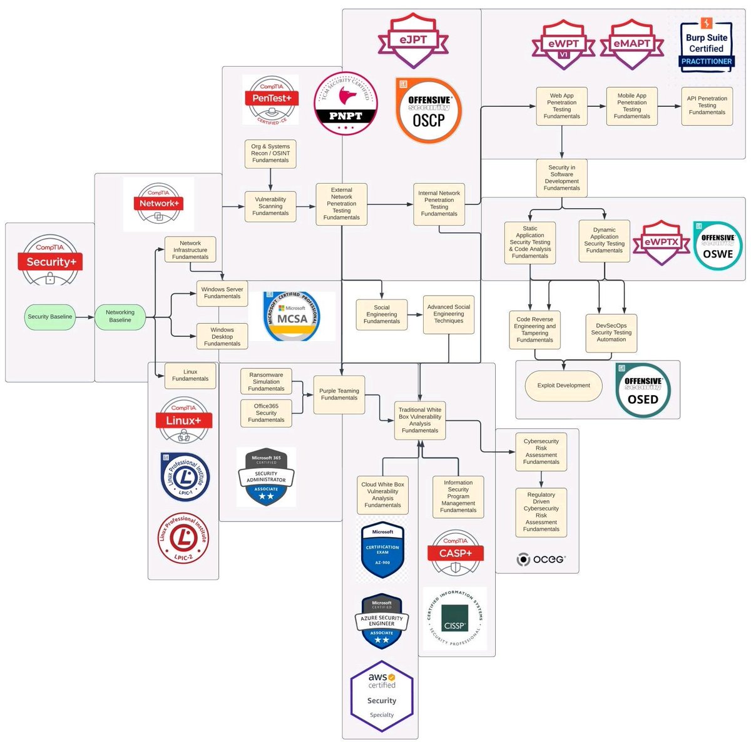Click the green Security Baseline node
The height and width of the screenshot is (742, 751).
click(x=50, y=317)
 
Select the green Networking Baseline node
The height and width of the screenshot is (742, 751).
click(x=120, y=316)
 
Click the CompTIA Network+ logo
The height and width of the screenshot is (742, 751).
click(x=159, y=204)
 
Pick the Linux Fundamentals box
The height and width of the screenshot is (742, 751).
click(x=190, y=376)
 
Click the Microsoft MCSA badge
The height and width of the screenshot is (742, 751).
click(x=292, y=317)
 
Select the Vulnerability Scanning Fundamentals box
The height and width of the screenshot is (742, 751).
click(x=270, y=206)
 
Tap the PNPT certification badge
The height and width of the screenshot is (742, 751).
click(x=345, y=104)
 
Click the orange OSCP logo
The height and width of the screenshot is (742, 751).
click(x=429, y=111)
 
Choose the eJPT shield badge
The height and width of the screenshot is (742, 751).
click(x=413, y=41)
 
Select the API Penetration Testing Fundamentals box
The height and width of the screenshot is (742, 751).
click(x=707, y=106)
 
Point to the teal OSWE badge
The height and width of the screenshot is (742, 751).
click(x=717, y=246)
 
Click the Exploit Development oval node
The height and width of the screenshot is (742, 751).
click(x=563, y=386)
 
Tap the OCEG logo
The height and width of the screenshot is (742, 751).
click(x=541, y=559)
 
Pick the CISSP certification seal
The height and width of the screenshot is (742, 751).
click(x=455, y=618)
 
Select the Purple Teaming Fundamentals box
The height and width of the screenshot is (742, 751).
click(x=339, y=394)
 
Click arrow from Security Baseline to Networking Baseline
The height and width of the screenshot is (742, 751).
click(x=85, y=317)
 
